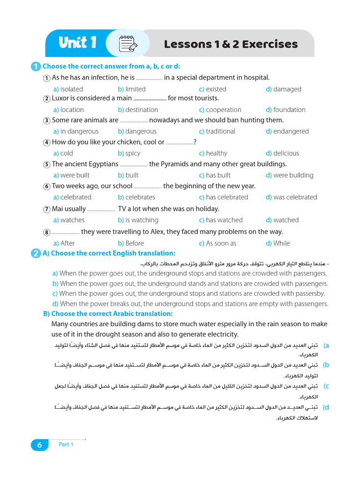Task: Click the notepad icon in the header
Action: [126, 44]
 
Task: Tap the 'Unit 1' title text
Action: [78, 43]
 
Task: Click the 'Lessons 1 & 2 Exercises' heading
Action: [231, 44]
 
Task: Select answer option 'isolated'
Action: [71, 89]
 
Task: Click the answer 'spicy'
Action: [133, 153]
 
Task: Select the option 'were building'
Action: [293, 175]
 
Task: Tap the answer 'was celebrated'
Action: [295, 197]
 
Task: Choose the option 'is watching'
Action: [142, 220]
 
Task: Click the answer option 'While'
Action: [281, 243]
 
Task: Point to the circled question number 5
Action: [47, 165]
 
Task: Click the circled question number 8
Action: [47, 232]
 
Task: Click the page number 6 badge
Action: [40, 445]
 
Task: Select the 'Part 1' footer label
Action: [66, 444]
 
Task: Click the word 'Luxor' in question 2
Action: [60, 98]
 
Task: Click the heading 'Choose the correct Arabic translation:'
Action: [112, 314]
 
